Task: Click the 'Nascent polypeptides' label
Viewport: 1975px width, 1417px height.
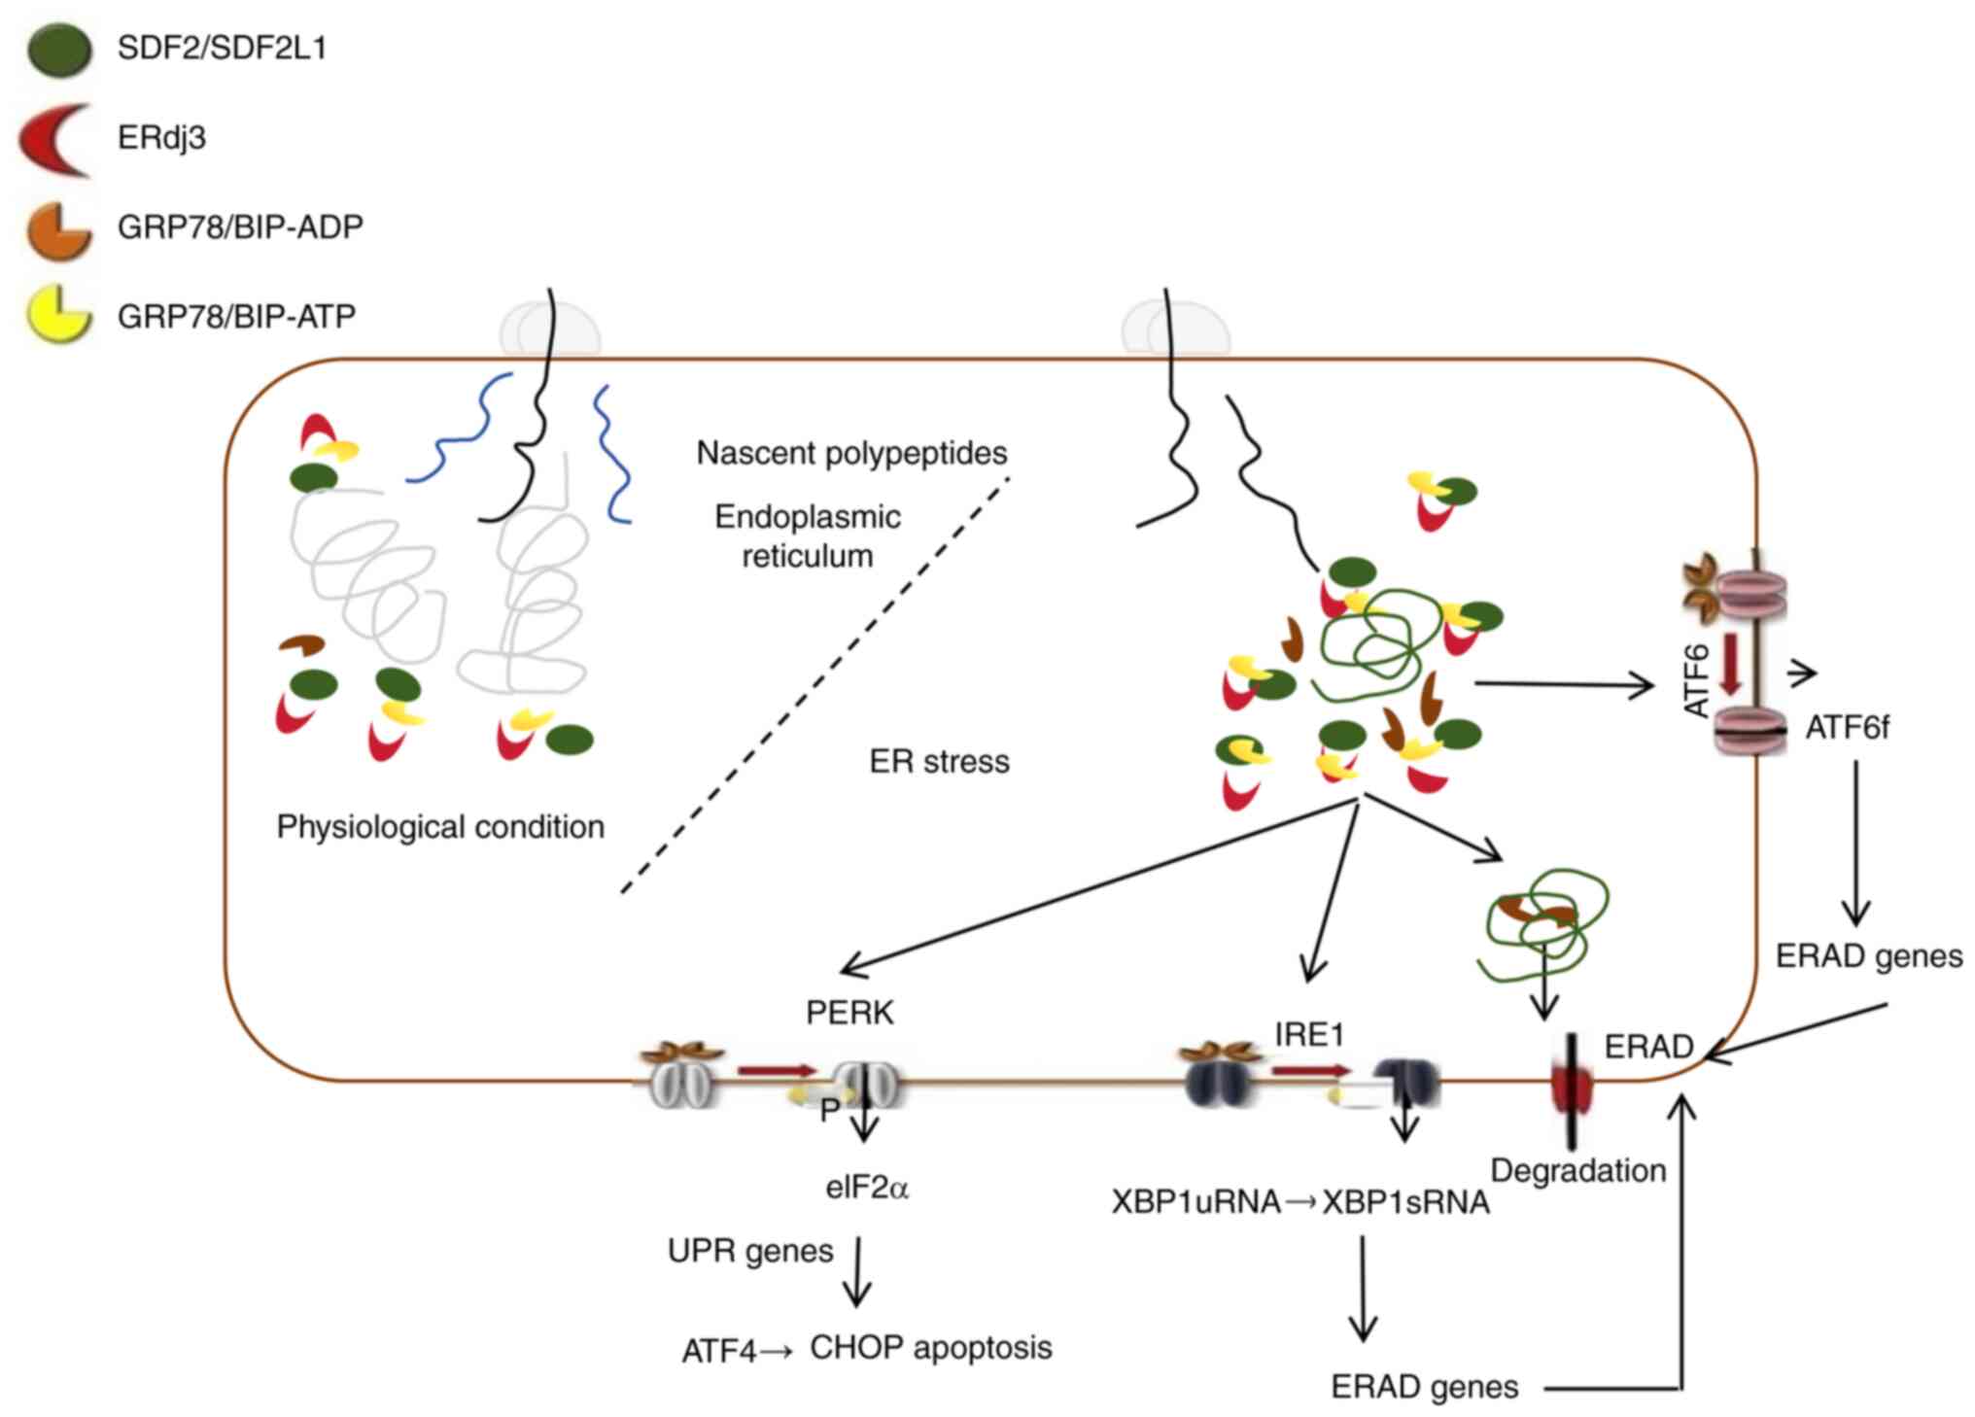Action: (x=851, y=453)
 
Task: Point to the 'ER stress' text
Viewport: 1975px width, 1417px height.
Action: (x=939, y=761)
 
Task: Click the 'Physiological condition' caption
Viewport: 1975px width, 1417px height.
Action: (x=440, y=827)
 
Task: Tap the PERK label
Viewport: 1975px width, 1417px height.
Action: (x=849, y=1013)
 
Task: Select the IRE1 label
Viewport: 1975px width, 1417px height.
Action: (x=1309, y=1035)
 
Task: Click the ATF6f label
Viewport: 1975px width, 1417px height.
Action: (x=1847, y=728)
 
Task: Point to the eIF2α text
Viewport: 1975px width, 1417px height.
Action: (x=867, y=1188)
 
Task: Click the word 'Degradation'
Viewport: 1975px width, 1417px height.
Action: (x=1577, y=1170)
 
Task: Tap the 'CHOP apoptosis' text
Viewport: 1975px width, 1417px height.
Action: (x=930, y=1348)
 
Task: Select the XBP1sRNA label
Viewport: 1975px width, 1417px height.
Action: (x=1405, y=1202)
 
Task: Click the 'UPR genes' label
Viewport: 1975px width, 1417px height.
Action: (x=750, y=1251)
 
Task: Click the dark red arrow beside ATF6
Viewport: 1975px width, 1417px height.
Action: (x=1730, y=664)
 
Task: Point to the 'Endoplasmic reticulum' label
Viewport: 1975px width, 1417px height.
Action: (x=808, y=536)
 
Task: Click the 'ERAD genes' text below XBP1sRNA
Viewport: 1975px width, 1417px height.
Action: (x=1424, y=1387)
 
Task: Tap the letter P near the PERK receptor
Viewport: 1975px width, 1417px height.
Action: (x=829, y=1110)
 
